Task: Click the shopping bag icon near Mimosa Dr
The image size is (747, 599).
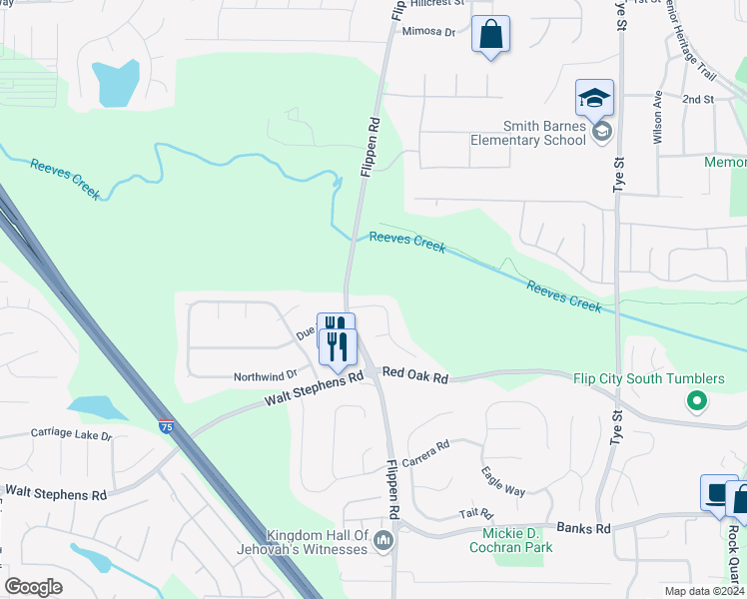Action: [490, 35]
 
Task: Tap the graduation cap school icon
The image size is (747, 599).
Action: [594, 99]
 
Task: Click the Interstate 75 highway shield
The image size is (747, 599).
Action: [166, 426]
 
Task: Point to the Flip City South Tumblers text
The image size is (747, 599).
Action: [649, 379]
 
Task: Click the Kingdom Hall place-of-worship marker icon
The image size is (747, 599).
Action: [382, 541]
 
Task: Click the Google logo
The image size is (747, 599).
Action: [34, 586]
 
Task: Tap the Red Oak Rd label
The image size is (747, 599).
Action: [415, 376]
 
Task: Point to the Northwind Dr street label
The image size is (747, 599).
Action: [266, 376]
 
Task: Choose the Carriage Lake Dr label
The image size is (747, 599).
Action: [71, 435]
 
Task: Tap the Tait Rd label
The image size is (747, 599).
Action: [469, 512]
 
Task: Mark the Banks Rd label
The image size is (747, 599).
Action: [582, 527]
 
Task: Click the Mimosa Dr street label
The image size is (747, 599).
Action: [428, 32]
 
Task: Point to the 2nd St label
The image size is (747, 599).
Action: [698, 100]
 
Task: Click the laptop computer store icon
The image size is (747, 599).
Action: [717, 493]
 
